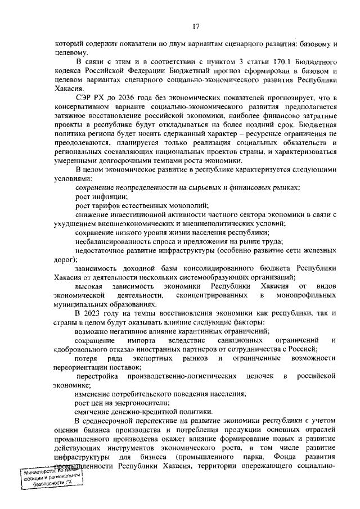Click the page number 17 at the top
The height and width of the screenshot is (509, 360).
tap(196, 26)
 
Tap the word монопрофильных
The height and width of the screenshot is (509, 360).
tap(306, 295)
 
